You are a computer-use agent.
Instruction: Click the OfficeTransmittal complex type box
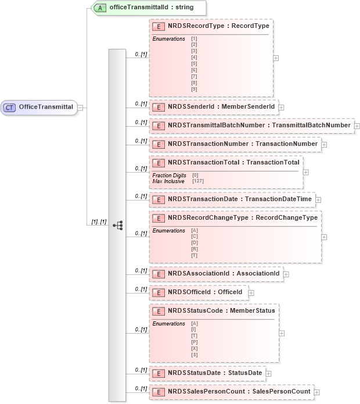click(39, 107)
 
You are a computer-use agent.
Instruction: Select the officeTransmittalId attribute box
click(149, 8)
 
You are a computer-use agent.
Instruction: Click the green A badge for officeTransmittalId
click(100, 8)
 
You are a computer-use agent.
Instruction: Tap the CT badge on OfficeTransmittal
click(10, 107)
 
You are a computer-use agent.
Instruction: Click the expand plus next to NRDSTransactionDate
click(318, 200)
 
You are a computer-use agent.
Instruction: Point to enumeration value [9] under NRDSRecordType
click(194, 89)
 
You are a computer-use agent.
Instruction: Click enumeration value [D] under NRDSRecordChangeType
click(194, 243)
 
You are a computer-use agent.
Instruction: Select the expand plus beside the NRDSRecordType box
click(276, 58)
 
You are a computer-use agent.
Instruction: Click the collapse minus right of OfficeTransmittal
click(80, 107)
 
